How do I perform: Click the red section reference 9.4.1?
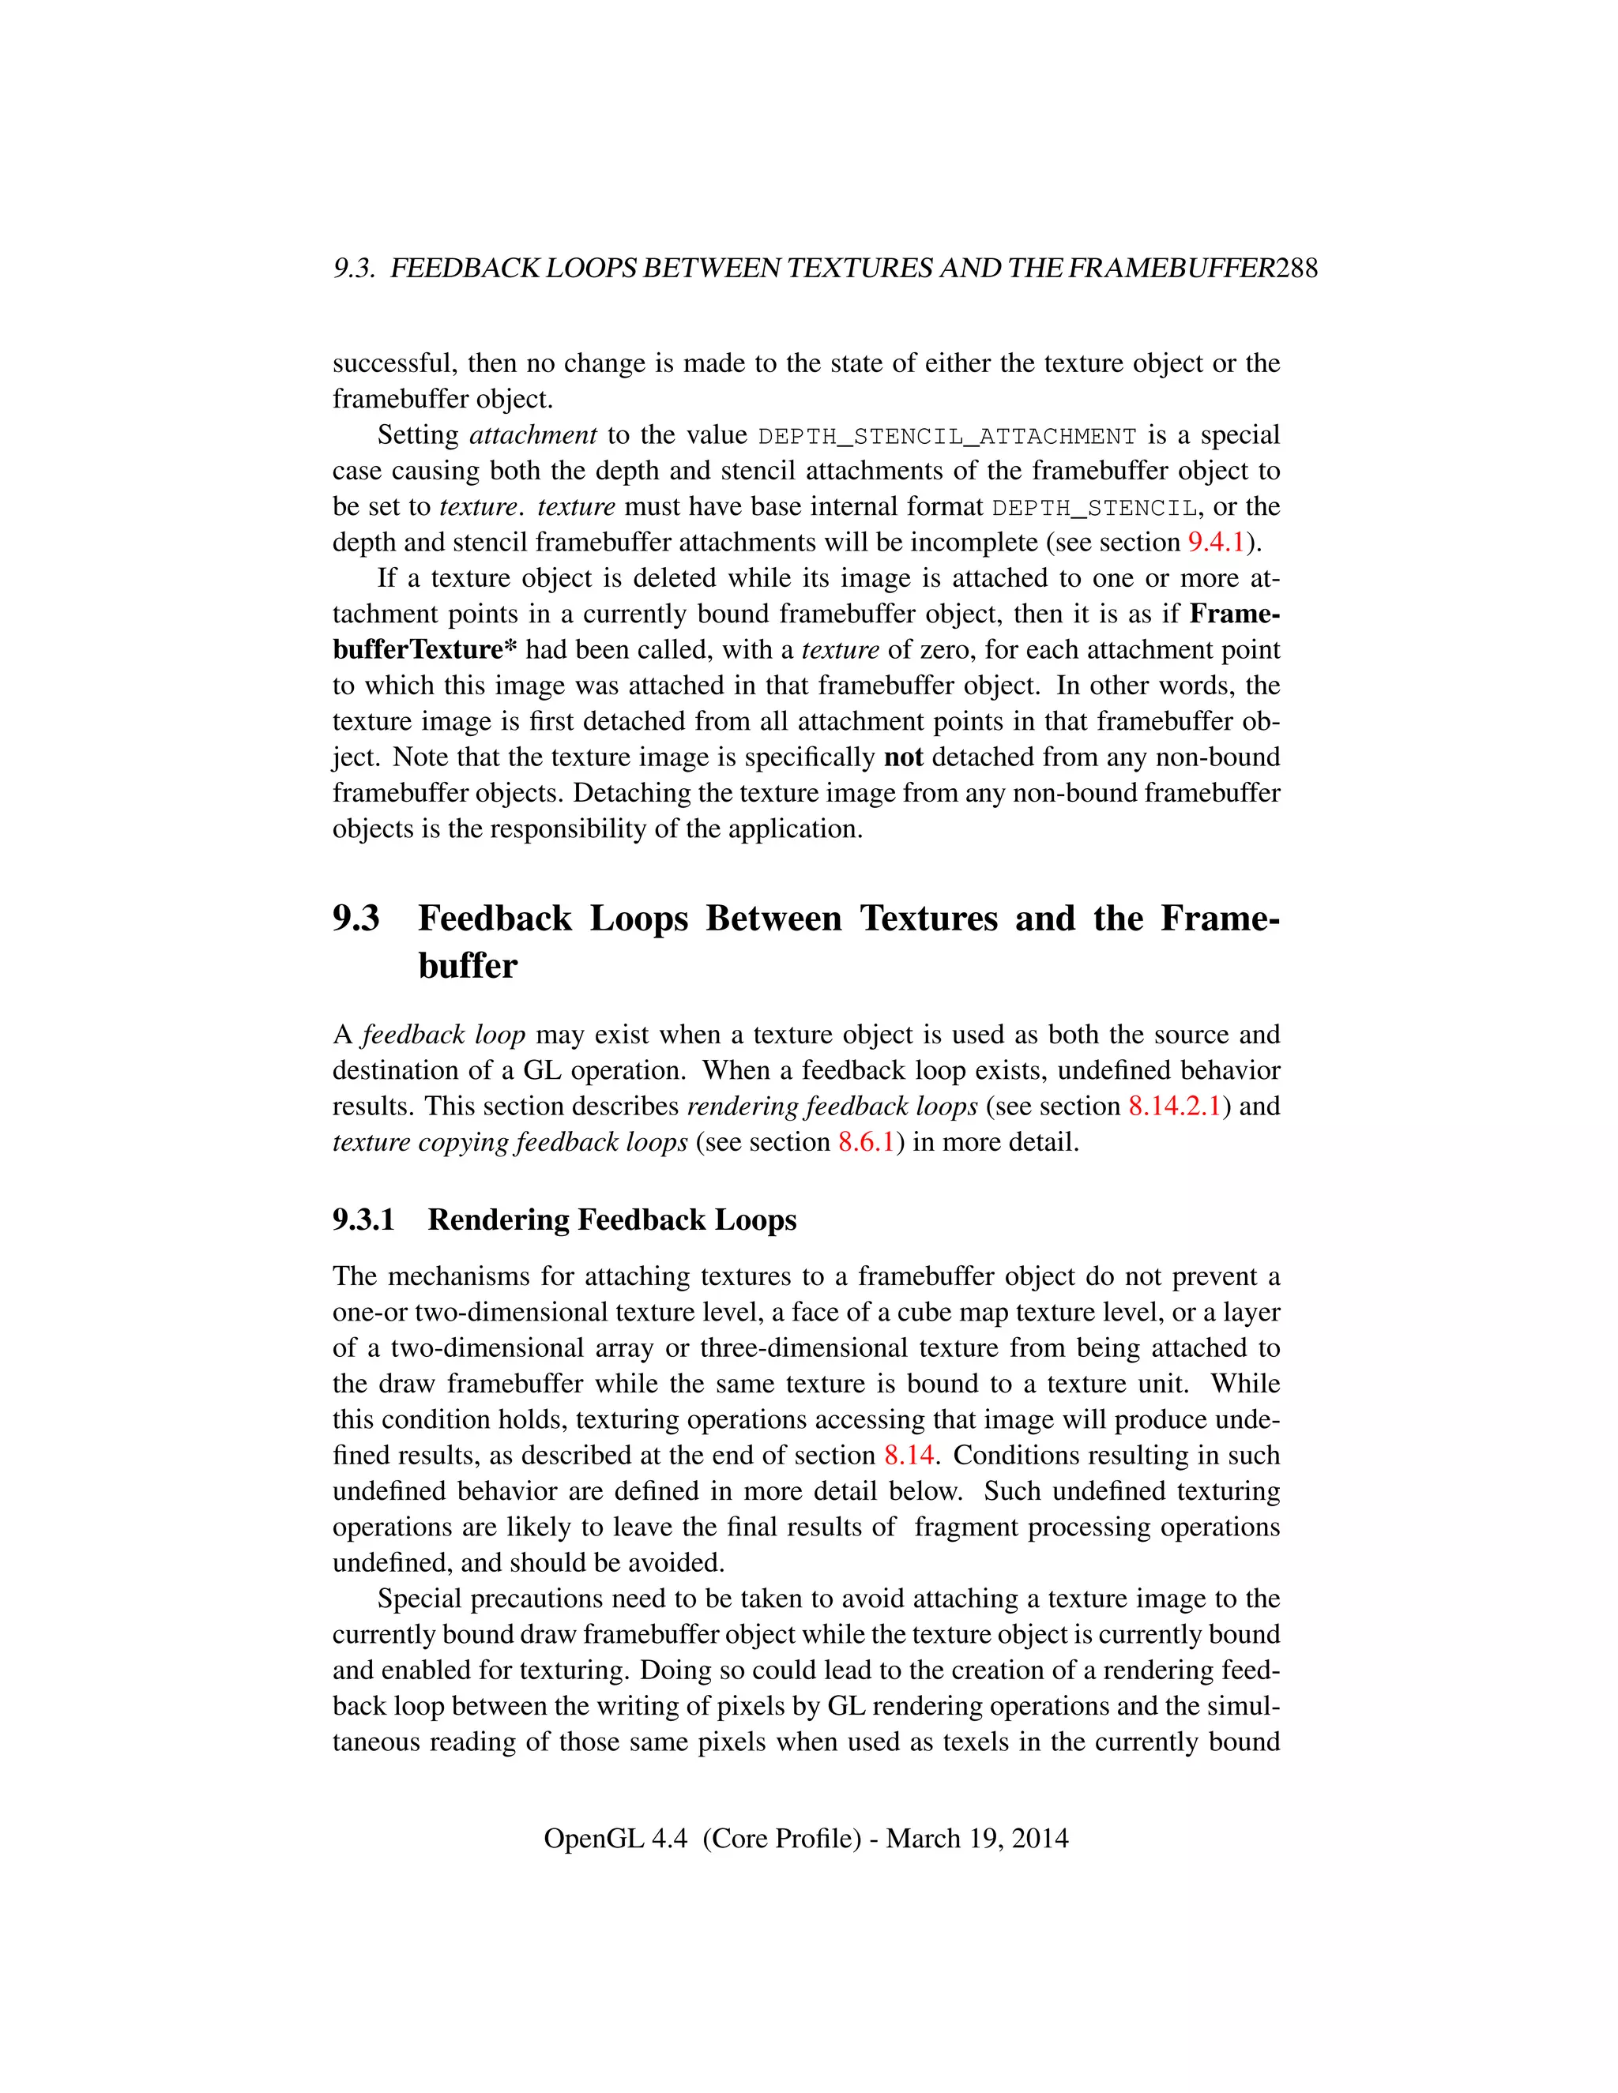[x=1215, y=543]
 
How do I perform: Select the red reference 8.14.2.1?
[x=1174, y=1106]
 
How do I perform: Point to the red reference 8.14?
[x=909, y=1456]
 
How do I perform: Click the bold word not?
[x=903, y=757]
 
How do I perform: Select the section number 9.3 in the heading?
[x=356, y=918]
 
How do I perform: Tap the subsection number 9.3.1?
[x=363, y=1220]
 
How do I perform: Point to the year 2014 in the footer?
[x=1039, y=1838]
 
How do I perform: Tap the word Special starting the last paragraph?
[x=418, y=1599]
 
